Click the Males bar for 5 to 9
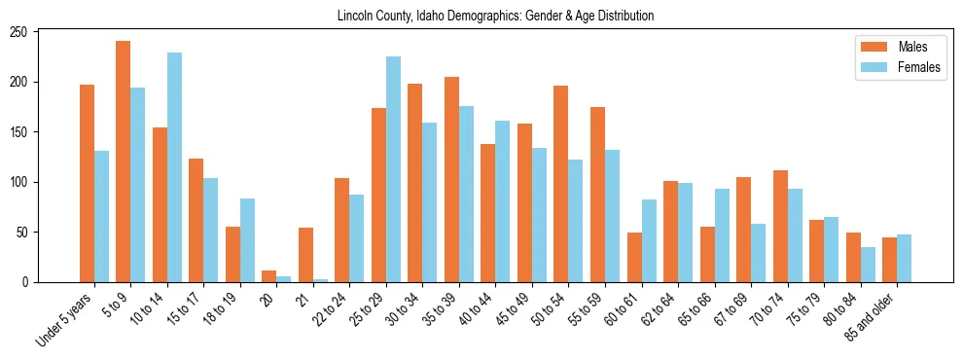coord(124,162)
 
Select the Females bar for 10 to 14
coord(174,167)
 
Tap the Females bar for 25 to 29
coord(393,169)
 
